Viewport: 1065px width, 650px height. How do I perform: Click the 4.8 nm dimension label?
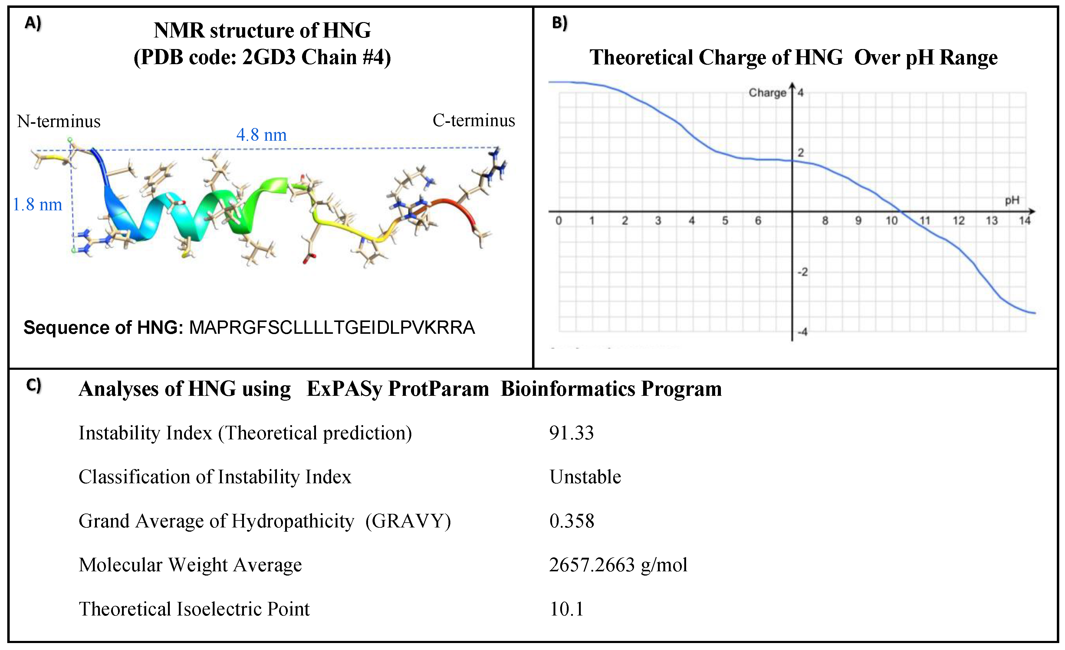pyautogui.click(x=261, y=135)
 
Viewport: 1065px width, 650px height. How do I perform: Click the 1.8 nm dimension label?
pyautogui.click(x=37, y=205)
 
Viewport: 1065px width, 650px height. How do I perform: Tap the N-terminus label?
pyautogui.click(x=58, y=121)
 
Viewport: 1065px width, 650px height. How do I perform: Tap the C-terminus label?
pyautogui.click(x=474, y=120)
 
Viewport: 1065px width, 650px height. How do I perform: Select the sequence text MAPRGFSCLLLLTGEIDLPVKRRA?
pyautogui.click(x=332, y=328)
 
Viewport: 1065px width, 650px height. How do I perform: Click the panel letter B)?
pyautogui.click(x=560, y=22)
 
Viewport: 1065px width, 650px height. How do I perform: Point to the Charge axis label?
pyautogui.click(x=767, y=93)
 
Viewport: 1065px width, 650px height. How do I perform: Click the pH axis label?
pyautogui.click(x=1012, y=200)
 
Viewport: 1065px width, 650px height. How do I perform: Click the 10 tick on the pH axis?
pyautogui.click(x=891, y=221)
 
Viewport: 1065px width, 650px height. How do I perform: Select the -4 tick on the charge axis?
pyautogui.click(x=802, y=332)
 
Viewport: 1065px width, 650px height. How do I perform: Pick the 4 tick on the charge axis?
pyautogui.click(x=800, y=93)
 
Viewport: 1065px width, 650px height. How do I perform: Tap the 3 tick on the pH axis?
pyautogui.click(x=658, y=221)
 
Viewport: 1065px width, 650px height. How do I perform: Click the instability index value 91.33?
pyautogui.click(x=571, y=433)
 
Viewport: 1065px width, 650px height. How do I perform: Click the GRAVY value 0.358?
pyautogui.click(x=571, y=521)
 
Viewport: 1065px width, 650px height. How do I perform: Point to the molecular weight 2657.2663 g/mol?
pyautogui.click(x=618, y=565)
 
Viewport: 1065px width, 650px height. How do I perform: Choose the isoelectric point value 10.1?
pyautogui.click(x=566, y=609)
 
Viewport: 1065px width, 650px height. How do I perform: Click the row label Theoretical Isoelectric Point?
pyautogui.click(x=194, y=609)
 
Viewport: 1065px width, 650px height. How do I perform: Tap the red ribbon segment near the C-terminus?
pyautogui.click(x=458, y=208)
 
